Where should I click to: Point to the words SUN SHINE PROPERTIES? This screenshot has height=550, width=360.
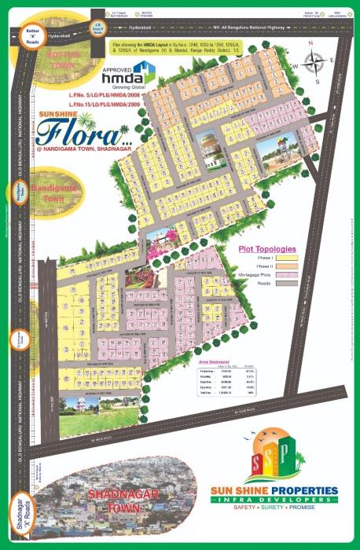pos(274,491)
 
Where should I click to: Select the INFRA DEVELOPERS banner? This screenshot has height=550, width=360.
pos(274,500)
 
